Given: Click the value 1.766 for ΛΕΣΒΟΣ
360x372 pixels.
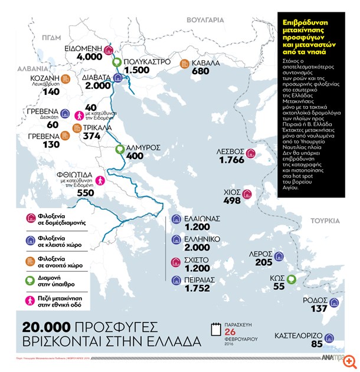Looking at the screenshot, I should click(x=231, y=160).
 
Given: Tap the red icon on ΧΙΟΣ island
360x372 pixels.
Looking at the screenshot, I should click(x=248, y=193).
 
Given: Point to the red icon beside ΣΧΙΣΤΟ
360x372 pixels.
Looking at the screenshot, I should click(x=175, y=263).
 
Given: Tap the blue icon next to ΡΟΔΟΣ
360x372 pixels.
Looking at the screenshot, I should click(x=335, y=303).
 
